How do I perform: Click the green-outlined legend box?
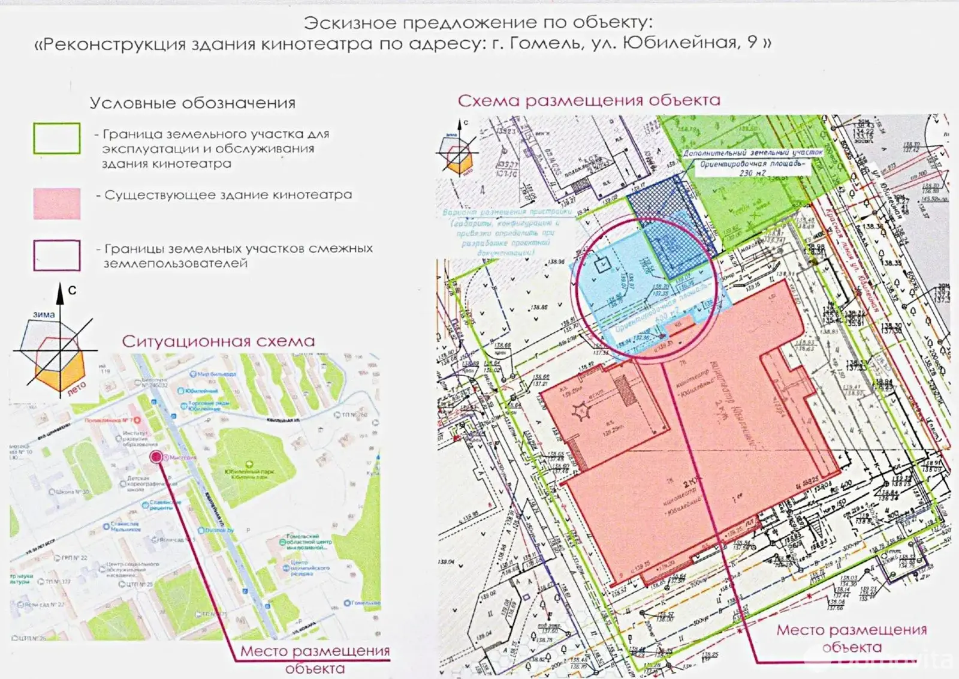click(57, 139)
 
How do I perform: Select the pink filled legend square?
click(57, 203)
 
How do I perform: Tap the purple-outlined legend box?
click(57, 256)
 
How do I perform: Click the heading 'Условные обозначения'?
click(192, 103)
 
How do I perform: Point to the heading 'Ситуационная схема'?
click(218, 341)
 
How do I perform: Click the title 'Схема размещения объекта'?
click(589, 100)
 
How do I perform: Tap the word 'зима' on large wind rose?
click(44, 314)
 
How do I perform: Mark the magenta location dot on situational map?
click(156, 457)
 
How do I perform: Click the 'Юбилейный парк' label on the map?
click(249, 473)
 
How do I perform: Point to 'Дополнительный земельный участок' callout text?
click(753, 153)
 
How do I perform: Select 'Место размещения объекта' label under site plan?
click(851, 638)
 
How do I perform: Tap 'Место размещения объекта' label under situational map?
click(315, 659)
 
